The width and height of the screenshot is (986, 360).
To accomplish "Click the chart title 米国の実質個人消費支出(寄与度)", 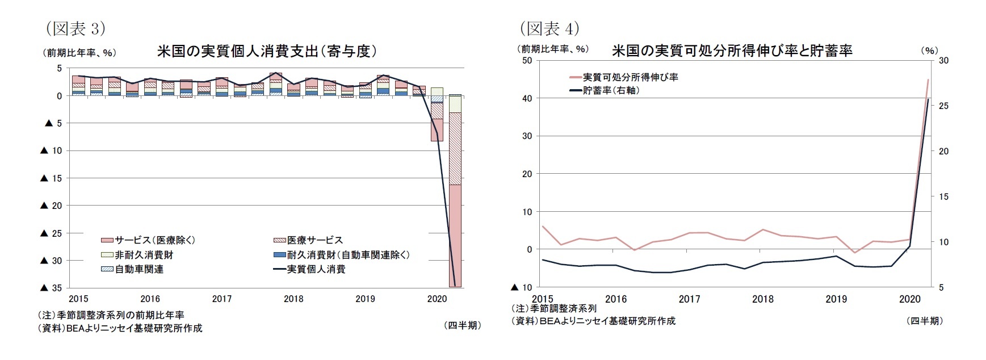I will click(267, 51).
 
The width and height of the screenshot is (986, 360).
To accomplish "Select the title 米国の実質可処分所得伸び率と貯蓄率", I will click(732, 51).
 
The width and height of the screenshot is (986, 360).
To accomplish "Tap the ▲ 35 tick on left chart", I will click(51, 288).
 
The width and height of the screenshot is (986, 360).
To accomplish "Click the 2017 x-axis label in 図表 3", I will click(221, 299).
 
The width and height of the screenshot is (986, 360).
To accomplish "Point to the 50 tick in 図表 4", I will click(526, 60).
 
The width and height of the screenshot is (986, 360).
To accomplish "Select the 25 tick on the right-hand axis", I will click(943, 106).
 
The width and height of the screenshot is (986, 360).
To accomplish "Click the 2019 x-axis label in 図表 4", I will click(836, 299).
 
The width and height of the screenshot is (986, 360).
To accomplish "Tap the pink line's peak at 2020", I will click(928, 79).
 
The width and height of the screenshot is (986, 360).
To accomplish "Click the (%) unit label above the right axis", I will click(929, 51).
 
